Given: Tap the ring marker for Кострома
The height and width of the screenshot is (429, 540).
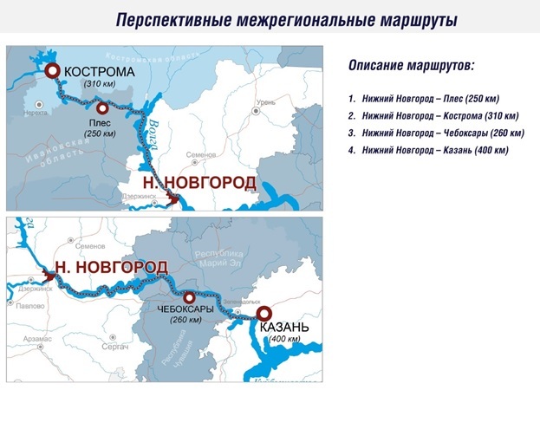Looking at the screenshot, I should point(53,71).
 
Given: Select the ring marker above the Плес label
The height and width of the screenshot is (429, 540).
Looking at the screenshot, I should point(102,108).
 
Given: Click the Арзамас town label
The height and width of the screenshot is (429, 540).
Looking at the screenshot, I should point(38,339).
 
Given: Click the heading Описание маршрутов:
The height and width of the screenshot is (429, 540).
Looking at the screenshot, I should point(411,65).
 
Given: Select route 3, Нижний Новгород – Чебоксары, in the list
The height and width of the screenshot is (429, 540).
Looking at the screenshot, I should point(435,133).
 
